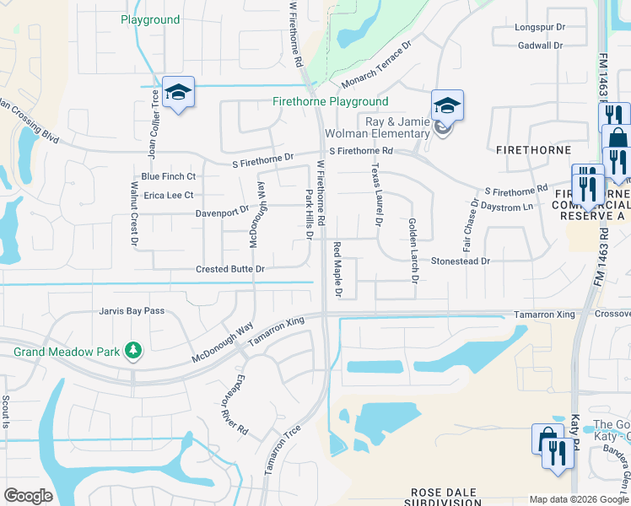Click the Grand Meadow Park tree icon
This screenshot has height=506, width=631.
click(132, 349)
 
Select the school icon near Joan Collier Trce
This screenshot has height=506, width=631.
click(179, 93)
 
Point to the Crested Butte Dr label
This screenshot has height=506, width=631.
click(230, 269)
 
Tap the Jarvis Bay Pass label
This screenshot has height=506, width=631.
click(132, 311)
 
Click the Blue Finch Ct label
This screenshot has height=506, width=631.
click(169, 176)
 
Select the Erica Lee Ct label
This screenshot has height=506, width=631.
click(169, 195)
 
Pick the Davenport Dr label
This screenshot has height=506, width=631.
click(223, 213)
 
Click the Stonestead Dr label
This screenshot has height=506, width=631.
click(461, 261)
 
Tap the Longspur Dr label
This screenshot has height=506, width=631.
click(539, 27)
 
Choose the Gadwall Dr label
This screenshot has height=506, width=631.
click(540, 46)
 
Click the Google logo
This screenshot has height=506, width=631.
click(29, 496)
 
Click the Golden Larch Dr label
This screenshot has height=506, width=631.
click(413, 250)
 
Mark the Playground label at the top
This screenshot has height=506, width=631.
click(150, 19)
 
